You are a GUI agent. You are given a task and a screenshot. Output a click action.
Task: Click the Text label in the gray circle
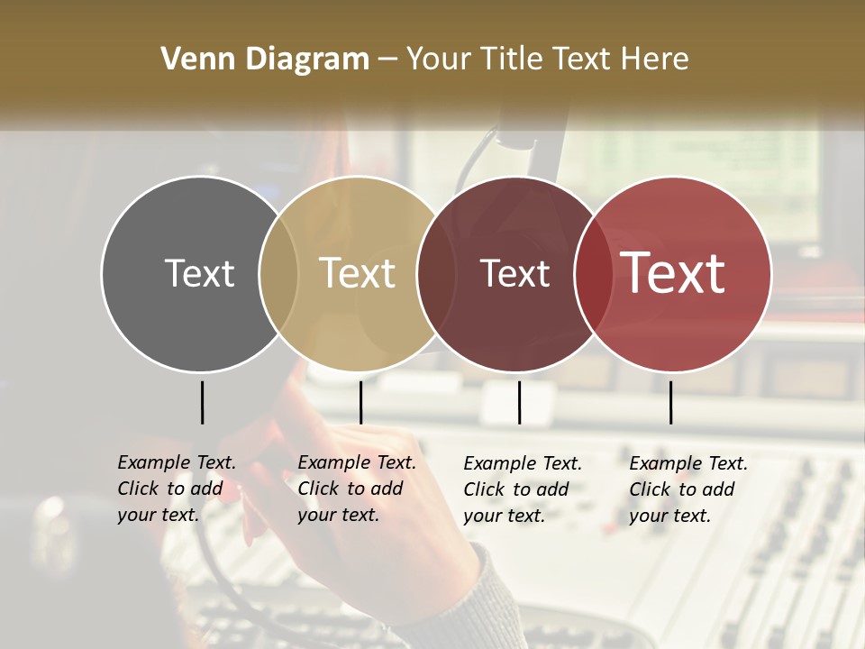pyautogui.click(x=199, y=273)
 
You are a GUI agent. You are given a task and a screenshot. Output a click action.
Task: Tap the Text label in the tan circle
pyautogui.click(x=357, y=273)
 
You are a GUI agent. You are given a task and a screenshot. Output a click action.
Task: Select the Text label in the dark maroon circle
pyautogui.click(x=514, y=274)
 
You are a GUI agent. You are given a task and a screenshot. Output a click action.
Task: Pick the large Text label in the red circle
pyautogui.click(x=673, y=273)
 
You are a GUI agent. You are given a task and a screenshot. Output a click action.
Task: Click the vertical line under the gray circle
pyautogui.click(x=202, y=402)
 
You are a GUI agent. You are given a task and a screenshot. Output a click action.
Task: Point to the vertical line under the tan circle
pyautogui.click(x=360, y=402)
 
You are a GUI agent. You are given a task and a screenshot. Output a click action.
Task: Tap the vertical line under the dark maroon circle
pyautogui.click(x=519, y=402)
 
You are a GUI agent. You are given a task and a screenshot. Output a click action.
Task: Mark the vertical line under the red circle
pyautogui.click(x=670, y=402)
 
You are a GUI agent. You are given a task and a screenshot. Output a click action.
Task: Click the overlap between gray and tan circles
pyautogui.click(x=278, y=273)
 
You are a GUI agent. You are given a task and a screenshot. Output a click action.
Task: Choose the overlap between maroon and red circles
pyautogui.click(x=590, y=273)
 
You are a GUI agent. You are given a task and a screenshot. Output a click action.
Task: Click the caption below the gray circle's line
pyautogui.click(x=177, y=489)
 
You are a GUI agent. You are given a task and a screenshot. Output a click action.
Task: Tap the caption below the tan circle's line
pyautogui.click(x=357, y=489)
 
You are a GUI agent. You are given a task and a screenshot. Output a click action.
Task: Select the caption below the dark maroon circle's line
pyautogui.click(x=523, y=489)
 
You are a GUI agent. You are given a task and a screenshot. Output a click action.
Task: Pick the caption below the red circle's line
pyautogui.click(x=688, y=489)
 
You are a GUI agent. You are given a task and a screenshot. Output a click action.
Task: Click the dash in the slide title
pyautogui.click(x=387, y=60)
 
